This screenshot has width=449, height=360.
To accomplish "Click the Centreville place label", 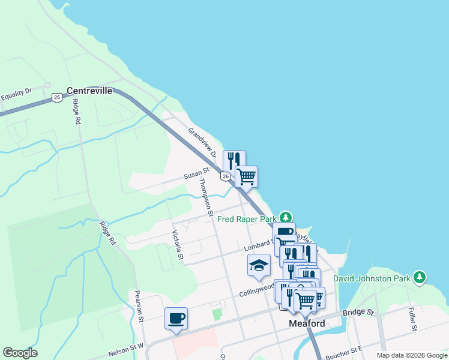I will pos(89,91).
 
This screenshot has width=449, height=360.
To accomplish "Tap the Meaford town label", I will pos(307,323).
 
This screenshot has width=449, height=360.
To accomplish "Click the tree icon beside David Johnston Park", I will pos(420,277).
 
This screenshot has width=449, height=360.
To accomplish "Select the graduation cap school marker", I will pos(259,265).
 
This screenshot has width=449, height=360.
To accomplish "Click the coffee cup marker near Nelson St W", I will pos(176,318).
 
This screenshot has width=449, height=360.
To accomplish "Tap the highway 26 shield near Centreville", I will pos(56,97).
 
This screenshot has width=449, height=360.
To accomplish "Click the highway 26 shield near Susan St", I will pos(225,176).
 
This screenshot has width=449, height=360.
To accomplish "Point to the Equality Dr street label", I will pos(16,94).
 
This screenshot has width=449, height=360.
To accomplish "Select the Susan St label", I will pos(196,175).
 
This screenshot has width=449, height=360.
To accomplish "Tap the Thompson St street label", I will pos(206,197).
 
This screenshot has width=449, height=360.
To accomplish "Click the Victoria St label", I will pos(177,245).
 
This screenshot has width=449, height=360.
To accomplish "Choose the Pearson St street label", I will pos(138,307).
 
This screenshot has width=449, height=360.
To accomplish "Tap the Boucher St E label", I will pos(345,350).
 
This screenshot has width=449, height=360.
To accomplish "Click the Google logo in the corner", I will pos(20,353).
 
